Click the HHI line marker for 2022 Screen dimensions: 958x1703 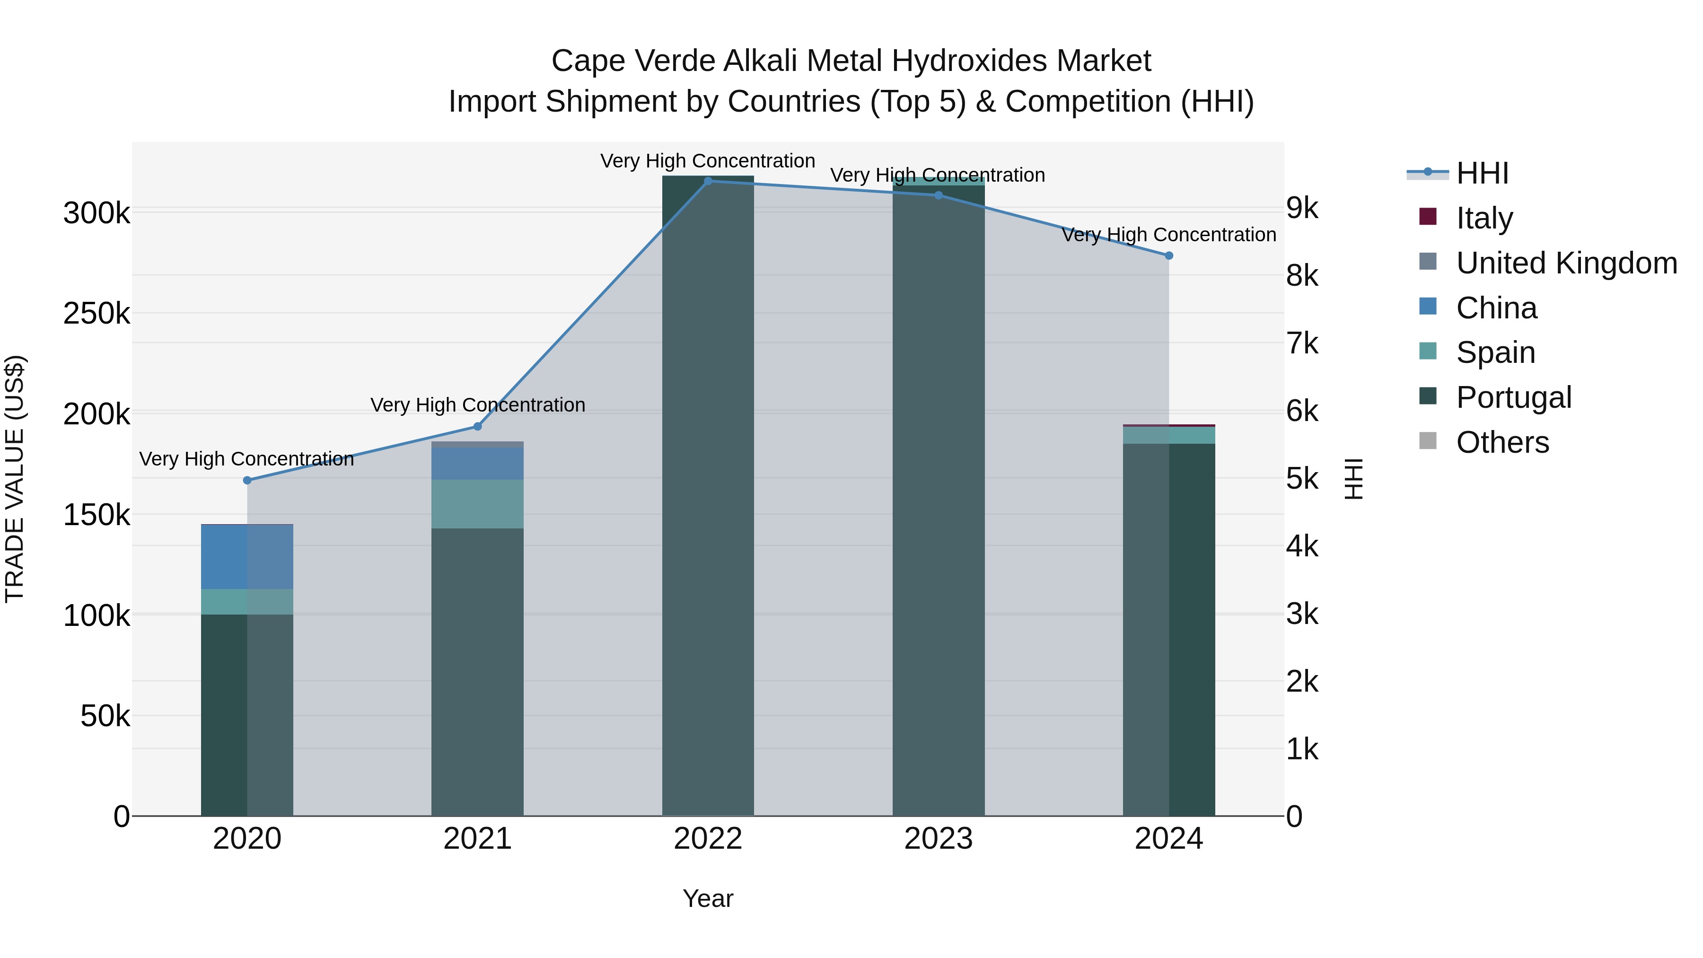click(708, 181)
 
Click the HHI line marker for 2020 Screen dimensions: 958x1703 click(247, 480)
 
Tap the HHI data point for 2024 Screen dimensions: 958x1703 click(1169, 255)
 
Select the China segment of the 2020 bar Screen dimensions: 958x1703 click(246, 557)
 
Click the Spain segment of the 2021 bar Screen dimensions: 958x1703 click(477, 504)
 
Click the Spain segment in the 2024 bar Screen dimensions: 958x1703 click(1169, 435)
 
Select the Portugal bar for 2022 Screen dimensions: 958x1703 click(708, 496)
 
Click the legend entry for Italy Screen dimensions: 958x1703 click(1484, 218)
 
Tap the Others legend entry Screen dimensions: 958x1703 click(1502, 442)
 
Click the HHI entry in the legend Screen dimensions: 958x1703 click(1482, 173)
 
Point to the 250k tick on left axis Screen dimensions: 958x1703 click(97, 313)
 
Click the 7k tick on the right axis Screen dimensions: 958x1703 click(1302, 344)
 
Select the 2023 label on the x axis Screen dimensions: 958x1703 click(938, 839)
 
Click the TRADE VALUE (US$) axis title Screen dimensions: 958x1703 click(15, 479)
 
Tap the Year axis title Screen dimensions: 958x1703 click(708, 898)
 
